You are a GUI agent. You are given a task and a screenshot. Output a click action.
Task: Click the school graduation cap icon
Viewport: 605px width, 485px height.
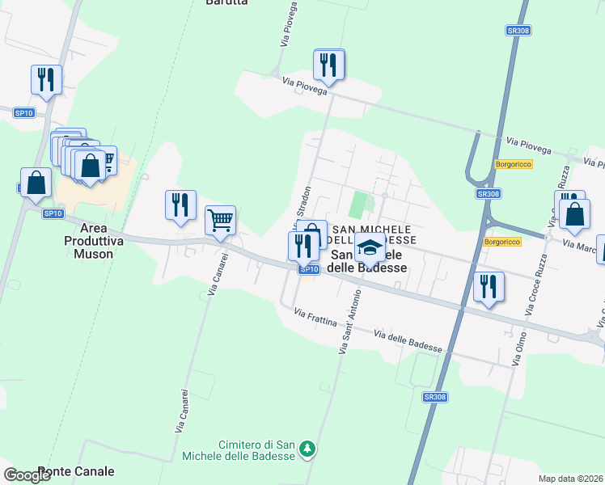(370, 247)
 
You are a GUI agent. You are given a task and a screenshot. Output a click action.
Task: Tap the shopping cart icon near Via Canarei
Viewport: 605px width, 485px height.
(220, 219)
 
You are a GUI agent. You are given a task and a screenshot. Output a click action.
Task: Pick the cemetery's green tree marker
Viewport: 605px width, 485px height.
(307, 448)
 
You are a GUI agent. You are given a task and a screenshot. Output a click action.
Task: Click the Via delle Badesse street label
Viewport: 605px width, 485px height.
(408, 340)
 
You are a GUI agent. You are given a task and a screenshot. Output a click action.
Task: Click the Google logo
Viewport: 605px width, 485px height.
(27, 475)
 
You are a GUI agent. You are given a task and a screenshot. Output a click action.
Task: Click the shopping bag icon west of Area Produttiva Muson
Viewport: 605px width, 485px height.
(36, 183)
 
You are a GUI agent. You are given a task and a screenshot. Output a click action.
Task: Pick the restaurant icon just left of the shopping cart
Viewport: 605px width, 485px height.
(180, 205)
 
